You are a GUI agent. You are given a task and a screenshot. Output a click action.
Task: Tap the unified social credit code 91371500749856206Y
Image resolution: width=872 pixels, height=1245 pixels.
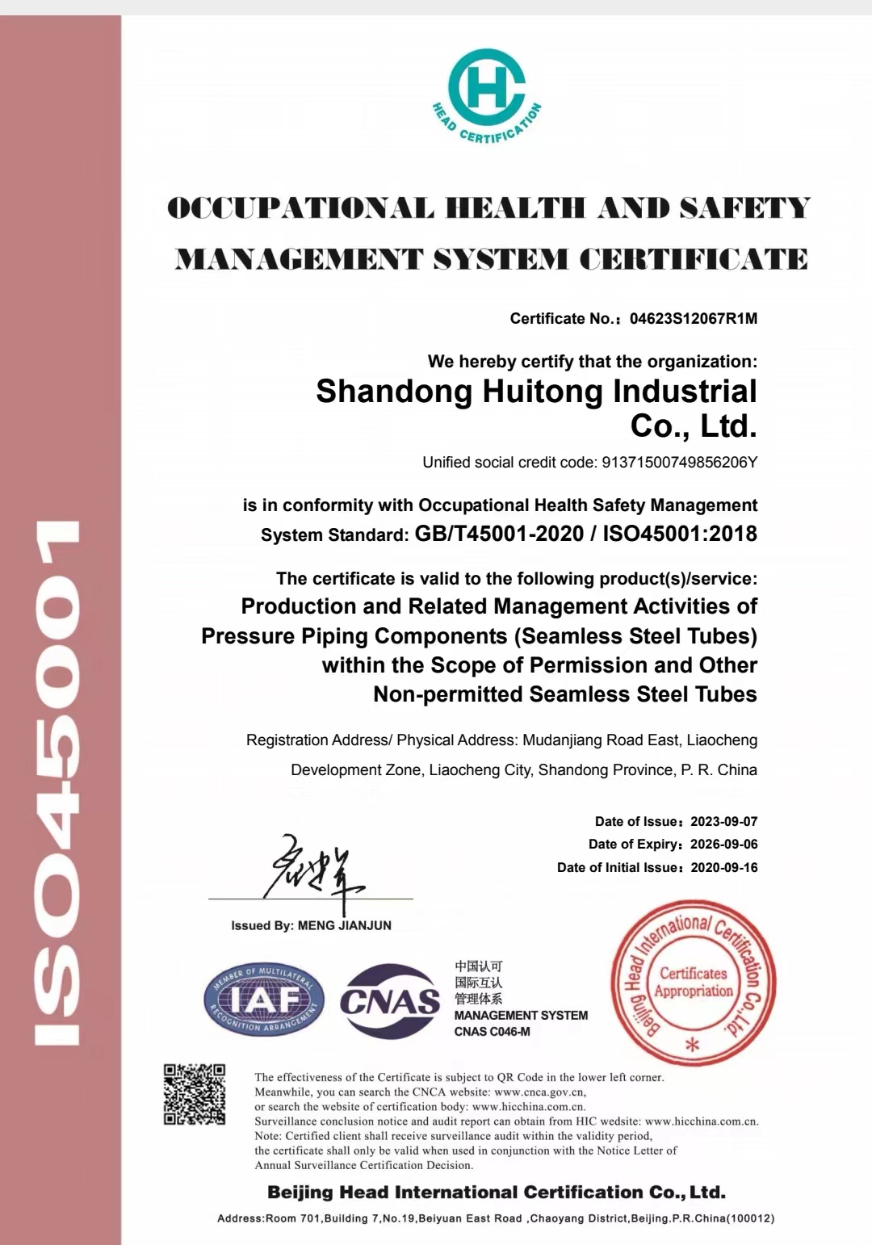pos(679,463)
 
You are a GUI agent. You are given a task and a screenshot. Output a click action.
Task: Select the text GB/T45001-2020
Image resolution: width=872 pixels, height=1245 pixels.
pos(499,534)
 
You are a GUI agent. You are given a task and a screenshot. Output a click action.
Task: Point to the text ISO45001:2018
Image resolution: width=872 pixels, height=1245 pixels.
pos(680,534)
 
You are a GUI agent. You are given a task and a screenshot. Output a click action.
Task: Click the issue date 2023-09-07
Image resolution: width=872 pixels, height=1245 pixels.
pos(723,821)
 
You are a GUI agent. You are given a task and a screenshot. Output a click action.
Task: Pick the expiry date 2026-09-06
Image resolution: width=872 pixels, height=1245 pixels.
pos(723,844)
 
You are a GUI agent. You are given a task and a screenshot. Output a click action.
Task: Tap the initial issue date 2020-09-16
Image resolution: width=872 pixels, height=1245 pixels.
pos(723,867)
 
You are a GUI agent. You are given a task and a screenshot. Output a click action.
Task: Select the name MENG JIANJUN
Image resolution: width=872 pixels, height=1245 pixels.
pos(345,925)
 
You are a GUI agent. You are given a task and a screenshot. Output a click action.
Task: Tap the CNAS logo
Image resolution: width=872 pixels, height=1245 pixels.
pos(390,1001)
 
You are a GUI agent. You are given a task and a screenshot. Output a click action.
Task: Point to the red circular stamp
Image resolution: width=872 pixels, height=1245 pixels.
pos(694,982)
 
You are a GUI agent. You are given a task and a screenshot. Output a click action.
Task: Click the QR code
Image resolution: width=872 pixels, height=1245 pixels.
pos(195,1095)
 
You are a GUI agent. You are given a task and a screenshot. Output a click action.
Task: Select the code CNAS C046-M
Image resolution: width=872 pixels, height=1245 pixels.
pos(492,1031)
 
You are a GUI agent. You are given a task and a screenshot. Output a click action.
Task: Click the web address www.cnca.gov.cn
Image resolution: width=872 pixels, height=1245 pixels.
pos(539,1092)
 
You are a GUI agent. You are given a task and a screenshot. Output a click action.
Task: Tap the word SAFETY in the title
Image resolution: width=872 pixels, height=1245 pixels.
pos(744,208)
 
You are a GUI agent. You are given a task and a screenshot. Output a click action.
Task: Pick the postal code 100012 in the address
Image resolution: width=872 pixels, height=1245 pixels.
pos(750,1218)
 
